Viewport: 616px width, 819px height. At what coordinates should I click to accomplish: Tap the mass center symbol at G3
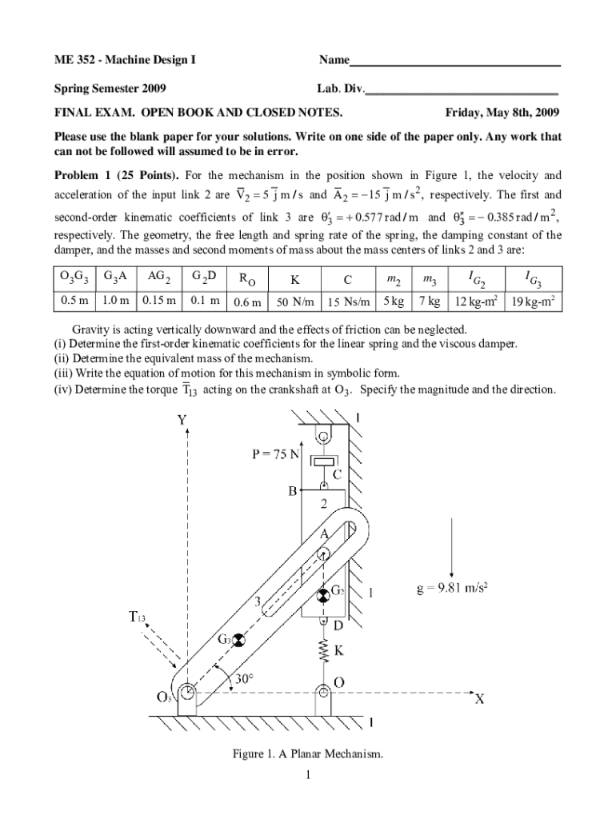(238, 639)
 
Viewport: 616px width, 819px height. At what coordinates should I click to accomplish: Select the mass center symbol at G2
(322, 594)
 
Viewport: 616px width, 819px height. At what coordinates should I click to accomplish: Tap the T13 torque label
(138, 617)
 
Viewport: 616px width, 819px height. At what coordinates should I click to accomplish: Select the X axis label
(479, 698)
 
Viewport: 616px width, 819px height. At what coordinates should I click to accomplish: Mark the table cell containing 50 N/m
(294, 302)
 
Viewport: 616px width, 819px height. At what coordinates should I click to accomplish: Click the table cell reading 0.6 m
(246, 302)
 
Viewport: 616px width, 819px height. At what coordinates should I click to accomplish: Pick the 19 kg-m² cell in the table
(533, 302)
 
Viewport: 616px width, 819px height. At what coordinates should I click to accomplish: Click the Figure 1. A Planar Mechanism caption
(307, 754)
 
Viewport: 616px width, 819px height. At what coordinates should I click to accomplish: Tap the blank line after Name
(455, 62)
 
